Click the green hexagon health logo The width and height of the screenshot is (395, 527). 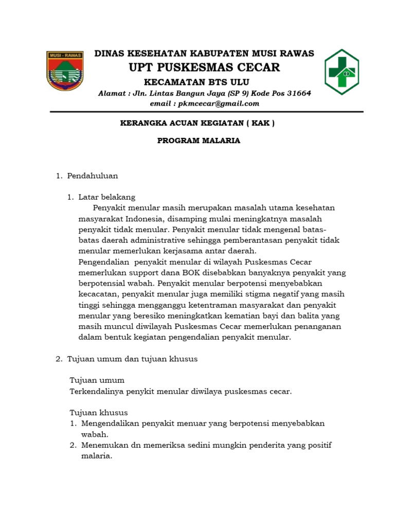coord(342,72)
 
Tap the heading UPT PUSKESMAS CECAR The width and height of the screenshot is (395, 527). coord(204,67)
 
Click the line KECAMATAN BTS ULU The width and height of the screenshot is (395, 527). coord(196,82)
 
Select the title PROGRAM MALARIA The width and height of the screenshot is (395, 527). coord(199,140)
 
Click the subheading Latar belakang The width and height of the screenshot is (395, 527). coord(106,197)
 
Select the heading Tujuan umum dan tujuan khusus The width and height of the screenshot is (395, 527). coord(132,359)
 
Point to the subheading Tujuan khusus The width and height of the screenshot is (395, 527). coord(99,413)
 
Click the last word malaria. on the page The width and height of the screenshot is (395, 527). coord(97,456)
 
